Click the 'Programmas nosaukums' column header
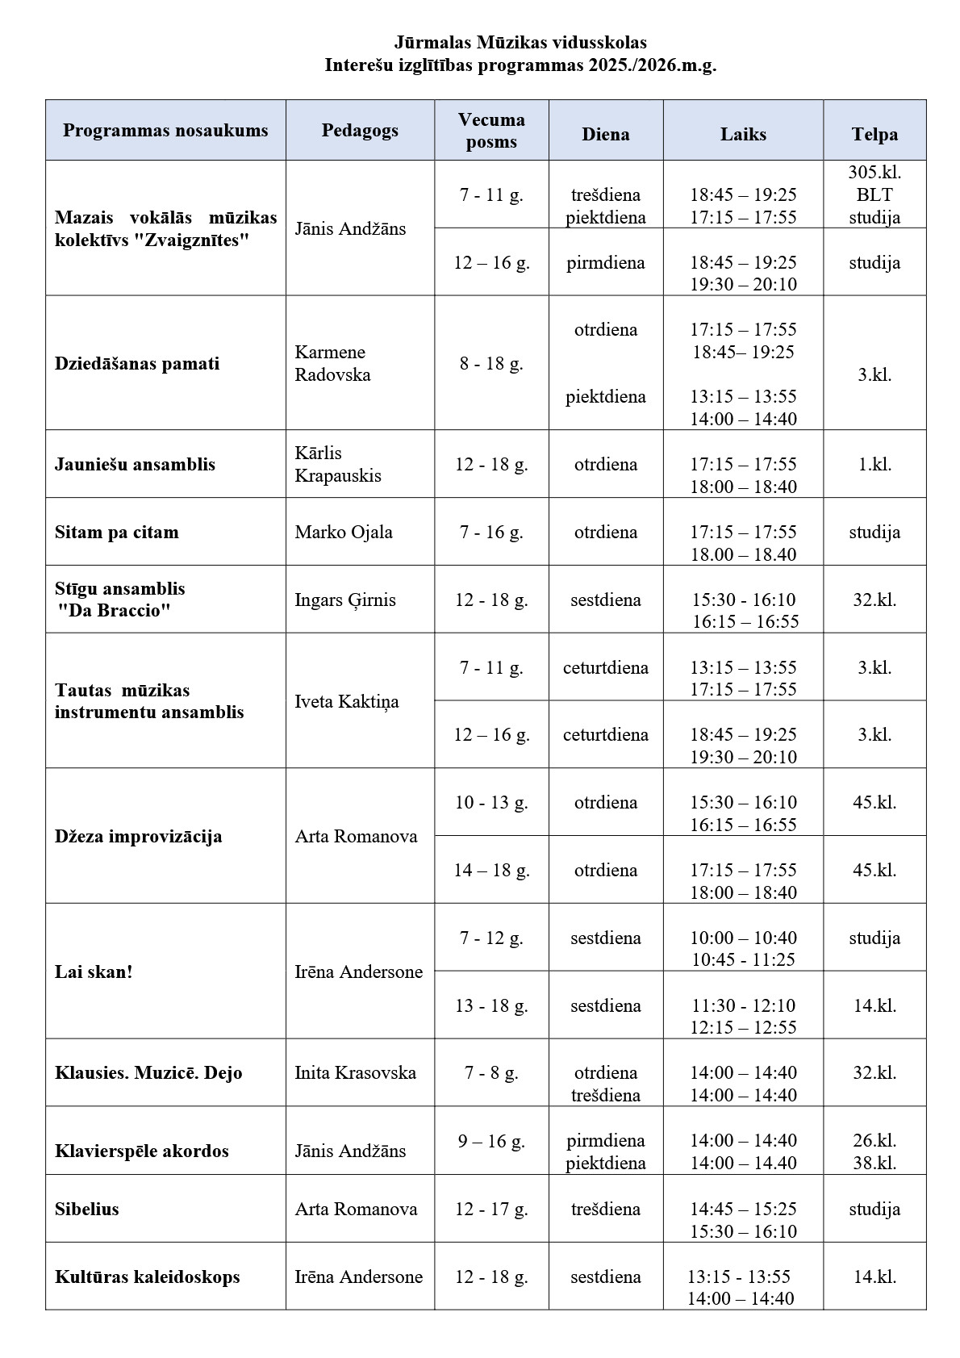click(x=165, y=131)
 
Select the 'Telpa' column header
click(x=874, y=135)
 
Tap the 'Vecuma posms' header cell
click(x=491, y=131)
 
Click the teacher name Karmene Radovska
click(x=332, y=363)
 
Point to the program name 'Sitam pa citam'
click(x=117, y=533)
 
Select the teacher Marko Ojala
click(x=344, y=533)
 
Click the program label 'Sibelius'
click(x=87, y=1209)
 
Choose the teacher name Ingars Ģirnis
click(x=345, y=600)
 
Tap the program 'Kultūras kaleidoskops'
click(x=148, y=1277)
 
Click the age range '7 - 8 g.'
click(x=491, y=1072)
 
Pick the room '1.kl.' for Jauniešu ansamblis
click(x=874, y=464)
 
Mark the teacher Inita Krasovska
click(x=356, y=1072)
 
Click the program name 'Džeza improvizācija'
click(x=139, y=836)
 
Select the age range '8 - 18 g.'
click(x=491, y=363)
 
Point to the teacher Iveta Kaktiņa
click(x=347, y=701)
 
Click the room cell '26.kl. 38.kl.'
click(x=874, y=1151)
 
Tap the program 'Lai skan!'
click(x=94, y=971)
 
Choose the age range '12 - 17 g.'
click(x=491, y=1209)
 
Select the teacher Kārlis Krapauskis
click(x=338, y=464)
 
